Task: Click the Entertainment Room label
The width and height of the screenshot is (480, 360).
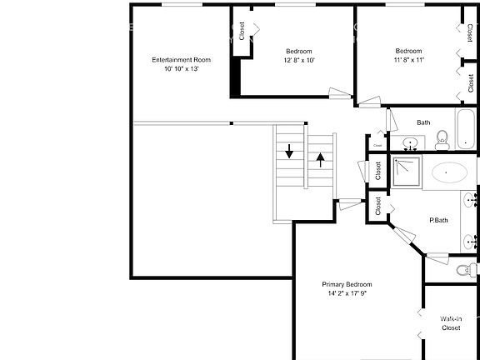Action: (181, 60)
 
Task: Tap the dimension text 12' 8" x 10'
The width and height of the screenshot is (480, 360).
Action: (299, 60)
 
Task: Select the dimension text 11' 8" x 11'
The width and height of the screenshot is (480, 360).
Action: (409, 60)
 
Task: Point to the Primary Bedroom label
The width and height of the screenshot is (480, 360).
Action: (347, 284)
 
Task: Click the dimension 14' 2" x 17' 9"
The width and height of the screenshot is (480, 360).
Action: (347, 293)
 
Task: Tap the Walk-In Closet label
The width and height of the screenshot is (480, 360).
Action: (451, 323)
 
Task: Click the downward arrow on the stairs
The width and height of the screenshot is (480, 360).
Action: (289, 151)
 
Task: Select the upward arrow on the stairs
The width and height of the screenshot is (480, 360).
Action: (321, 160)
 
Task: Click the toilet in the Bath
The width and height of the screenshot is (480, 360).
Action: (442, 140)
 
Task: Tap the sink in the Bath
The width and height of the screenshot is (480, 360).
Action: (410, 143)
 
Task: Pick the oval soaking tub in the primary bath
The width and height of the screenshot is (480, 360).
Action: (449, 172)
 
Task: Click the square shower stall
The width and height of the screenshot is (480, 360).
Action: (407, 172)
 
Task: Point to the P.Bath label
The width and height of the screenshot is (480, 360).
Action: (438, 220)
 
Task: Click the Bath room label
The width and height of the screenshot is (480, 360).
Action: (423, 122)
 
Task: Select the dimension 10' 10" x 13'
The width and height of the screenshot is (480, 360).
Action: (182, 69)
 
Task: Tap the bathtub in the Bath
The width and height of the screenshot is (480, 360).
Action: (466, 129)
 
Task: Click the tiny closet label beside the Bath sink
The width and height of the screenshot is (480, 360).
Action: (377, 145)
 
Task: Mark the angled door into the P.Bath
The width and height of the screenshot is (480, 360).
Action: (404, 235)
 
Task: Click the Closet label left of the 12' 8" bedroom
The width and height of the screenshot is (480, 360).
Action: (242, 31)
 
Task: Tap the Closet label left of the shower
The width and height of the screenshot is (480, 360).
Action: (378, 171)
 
